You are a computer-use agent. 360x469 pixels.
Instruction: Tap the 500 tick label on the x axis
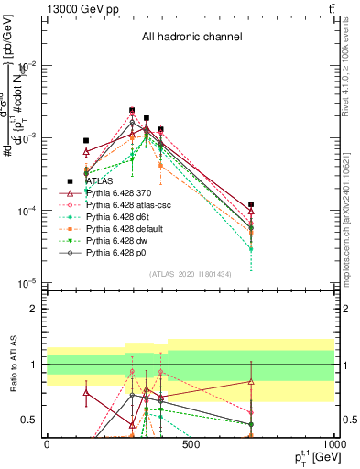(x=191, y=444)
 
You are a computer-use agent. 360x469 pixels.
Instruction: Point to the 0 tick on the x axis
(x=47, y=444)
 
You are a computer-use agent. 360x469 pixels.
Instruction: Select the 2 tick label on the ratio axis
(x=34, y=309)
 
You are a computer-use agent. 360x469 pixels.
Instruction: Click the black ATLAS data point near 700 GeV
(x=251, y=204)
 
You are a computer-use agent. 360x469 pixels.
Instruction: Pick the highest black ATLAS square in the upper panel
(x=132, y=110)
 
